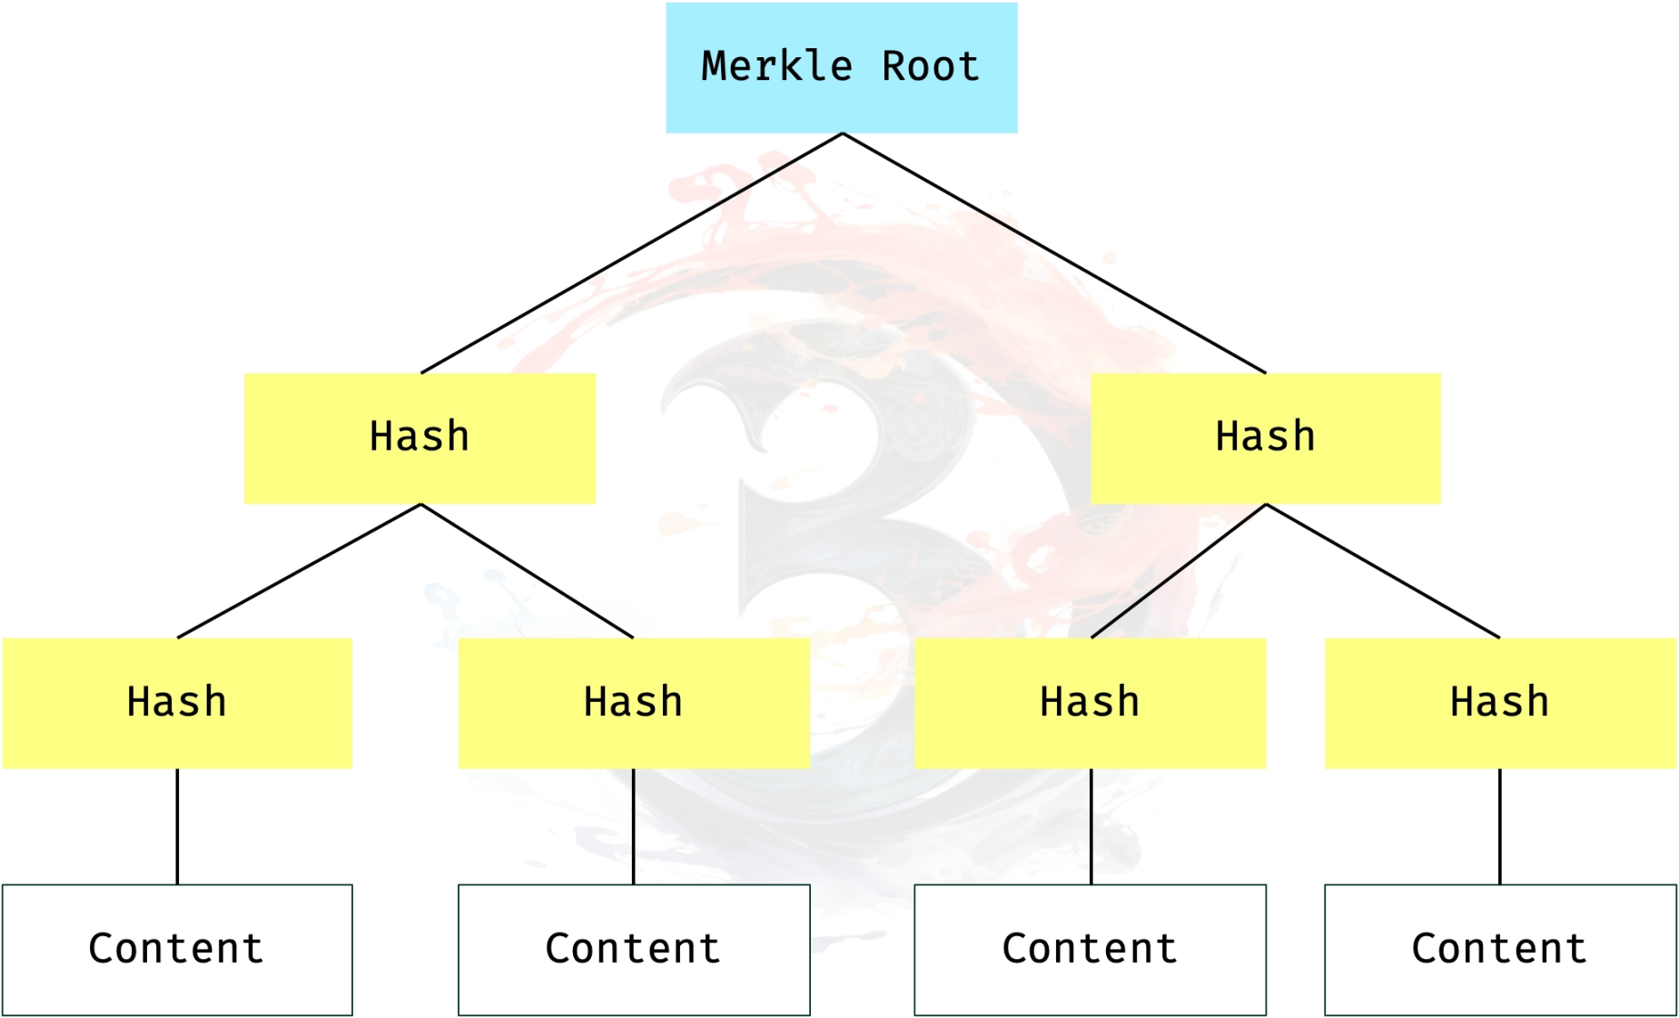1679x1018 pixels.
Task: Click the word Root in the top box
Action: tap(931, 66)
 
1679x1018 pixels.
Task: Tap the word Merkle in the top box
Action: tap(777, 66)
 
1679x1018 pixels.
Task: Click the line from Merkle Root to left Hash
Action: tap(631, 253)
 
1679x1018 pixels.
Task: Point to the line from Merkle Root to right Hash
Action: tap(1053, 253)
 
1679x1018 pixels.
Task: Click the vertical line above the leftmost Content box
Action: tap(177, 826)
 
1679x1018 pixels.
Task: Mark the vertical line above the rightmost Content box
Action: tap(1500, 826)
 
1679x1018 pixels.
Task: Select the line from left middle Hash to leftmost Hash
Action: tap(299, 571)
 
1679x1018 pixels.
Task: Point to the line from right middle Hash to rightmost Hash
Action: tap(1382, 571)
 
